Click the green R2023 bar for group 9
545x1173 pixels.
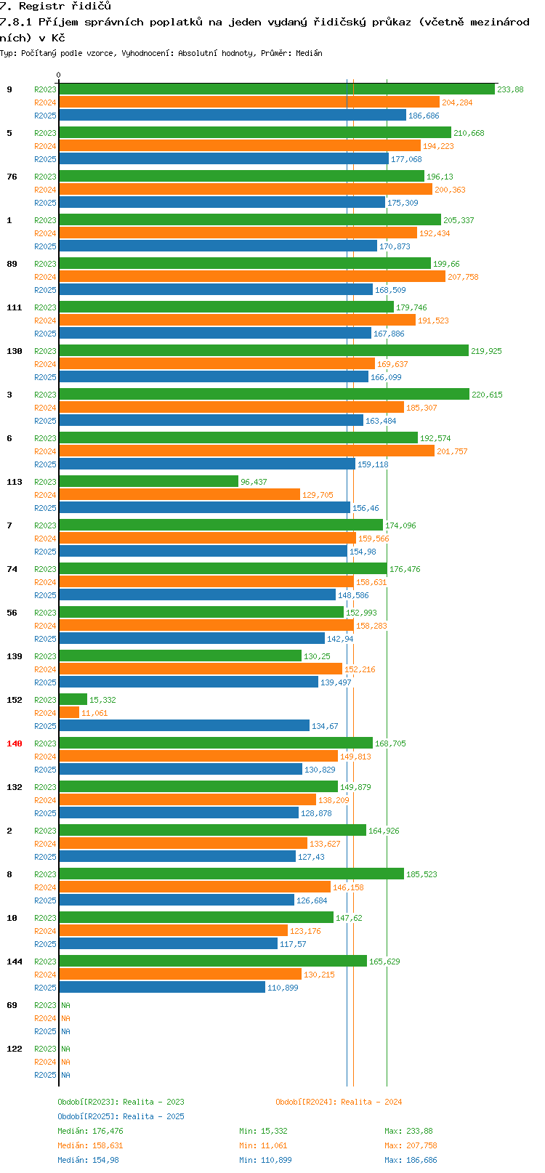(276, 89)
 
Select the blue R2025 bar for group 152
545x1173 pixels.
(184, 726)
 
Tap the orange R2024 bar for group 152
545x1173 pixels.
(69, 713)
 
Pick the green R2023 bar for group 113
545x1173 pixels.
(148, 482)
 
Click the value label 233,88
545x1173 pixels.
(510, 89)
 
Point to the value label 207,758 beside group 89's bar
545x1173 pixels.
(463, 277)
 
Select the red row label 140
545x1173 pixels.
(15, 743)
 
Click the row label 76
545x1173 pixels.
(12, 177)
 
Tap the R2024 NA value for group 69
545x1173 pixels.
(65, 1018)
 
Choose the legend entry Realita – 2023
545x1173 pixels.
(121, 1102)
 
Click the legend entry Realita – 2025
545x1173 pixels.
(121, 1116)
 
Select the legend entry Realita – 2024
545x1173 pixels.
(339, 1102)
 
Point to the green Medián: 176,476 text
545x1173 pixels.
(90, 1131)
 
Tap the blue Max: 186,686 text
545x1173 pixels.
(411, 1160)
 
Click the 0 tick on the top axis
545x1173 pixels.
(59, 75)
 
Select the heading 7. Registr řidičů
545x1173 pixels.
(55, 7)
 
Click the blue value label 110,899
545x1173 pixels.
(283, 988)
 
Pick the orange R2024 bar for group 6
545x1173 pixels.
(246, 451)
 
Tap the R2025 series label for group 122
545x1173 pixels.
(45, 1075)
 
